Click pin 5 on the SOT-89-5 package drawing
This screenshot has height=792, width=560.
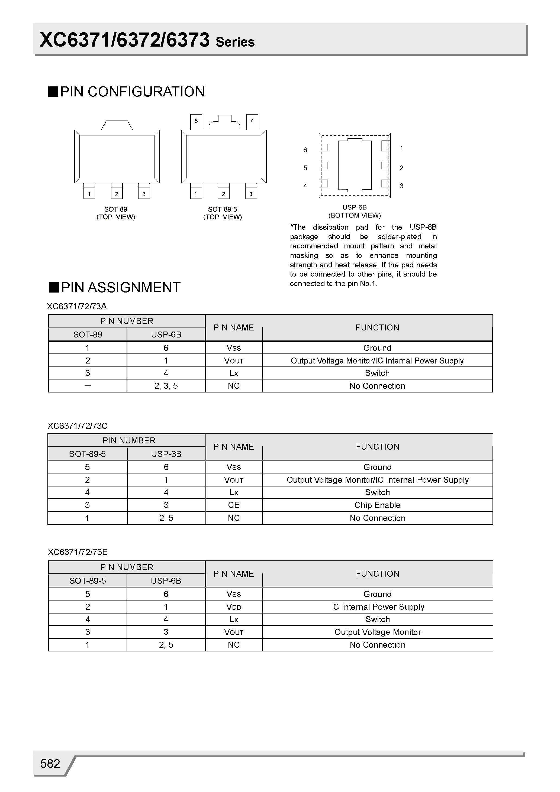click(196, 121)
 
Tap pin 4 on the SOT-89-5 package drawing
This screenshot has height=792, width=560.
click(252, 121)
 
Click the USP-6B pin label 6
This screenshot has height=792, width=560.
click(305, 150)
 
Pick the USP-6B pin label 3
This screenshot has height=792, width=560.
click(401, 186)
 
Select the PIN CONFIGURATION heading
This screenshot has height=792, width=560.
click(132, 92)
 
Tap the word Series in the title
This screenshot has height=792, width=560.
click(235, 42)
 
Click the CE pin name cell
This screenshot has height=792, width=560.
click(234, 505)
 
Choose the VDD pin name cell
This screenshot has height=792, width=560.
click(234, 607)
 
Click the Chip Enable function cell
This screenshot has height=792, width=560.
click(377, 505)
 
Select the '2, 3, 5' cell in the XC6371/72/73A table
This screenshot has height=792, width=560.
click(166, 386)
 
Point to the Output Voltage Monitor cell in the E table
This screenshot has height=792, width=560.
click(377, 632)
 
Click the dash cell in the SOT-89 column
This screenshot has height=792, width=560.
click(88, 386)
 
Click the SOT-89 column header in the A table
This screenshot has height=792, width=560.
click(88, 335)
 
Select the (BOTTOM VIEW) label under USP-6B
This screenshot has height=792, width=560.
click(355, 216)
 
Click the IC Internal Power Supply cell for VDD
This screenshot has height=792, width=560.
click(377, 607)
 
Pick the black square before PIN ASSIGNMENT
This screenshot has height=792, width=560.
click(54, 287)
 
